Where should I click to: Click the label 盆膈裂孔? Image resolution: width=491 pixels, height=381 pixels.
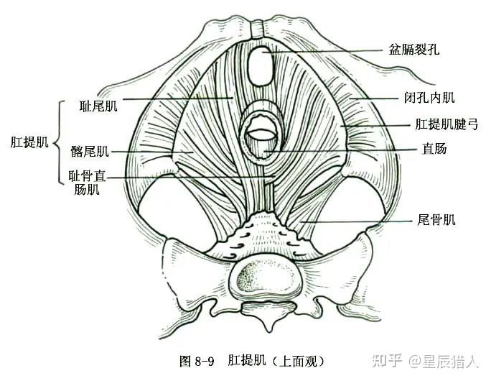click(413, 50)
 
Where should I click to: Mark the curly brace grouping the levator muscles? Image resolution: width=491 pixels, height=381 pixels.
click(56, 142)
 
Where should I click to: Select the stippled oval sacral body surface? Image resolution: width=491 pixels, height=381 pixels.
click(261, 278)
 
